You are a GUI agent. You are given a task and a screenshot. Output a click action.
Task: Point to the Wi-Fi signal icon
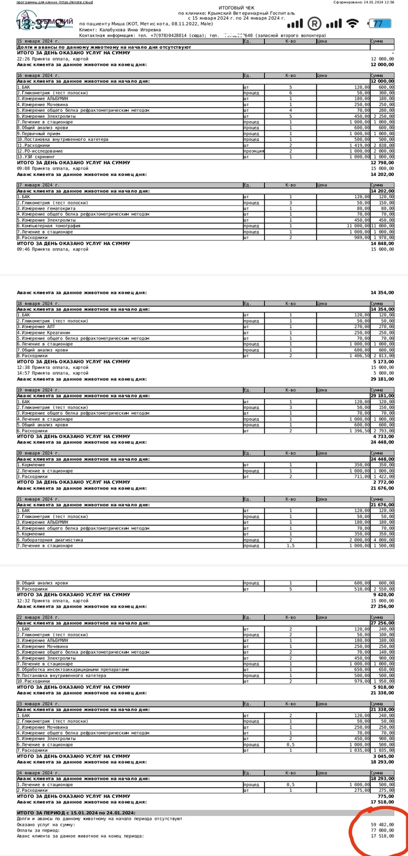pyautogui.click(x=352, y=23)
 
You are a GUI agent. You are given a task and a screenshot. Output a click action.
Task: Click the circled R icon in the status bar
pyautogui.click(x=314, y=23)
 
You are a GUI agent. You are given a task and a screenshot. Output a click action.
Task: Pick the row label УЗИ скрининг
pyautogui.click(x=38, y=157)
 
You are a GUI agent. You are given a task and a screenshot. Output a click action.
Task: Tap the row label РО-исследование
pyautogui.click(x=41, y=151)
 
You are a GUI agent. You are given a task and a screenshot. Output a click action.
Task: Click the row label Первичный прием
pyautogui.click(x=41, y=133)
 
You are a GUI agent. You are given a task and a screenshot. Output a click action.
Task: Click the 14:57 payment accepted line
pyautogui.click(x=52, y=373)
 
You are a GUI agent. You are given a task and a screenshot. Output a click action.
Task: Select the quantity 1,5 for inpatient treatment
pyautogui.click(x=290, y=545)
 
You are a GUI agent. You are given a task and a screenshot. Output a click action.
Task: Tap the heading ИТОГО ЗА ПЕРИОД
pyautogui.click(x=76, y=813)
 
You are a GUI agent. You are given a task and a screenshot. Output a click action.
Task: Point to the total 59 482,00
pyautogui.click(x=382, y=825)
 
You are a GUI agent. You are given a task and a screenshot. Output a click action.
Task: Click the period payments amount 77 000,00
pyautogui.click(x=382, y=830)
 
